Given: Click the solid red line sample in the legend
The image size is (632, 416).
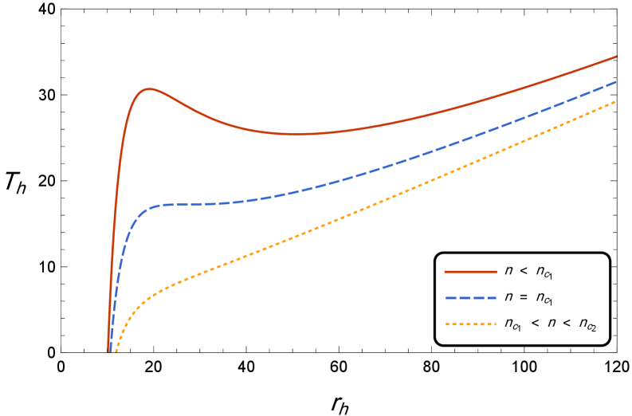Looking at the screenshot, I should point(470,272).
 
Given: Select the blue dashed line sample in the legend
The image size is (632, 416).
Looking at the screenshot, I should point(470,298).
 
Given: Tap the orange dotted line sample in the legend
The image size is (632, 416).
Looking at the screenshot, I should point(470,324).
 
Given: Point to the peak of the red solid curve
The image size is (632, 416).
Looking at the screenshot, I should point(148,89).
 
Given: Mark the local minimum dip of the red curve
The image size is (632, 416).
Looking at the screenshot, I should point(297,134).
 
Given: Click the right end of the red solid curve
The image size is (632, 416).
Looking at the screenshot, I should point(616,57).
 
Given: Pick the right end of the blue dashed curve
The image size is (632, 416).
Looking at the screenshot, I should point(615,82).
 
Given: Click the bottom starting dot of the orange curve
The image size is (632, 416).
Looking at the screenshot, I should point(116,351).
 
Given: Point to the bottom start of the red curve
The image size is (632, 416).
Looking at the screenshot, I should point(109,350).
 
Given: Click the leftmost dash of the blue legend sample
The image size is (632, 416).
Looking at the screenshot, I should point(449,298).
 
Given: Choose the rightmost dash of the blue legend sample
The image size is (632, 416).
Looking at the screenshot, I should point(492,298).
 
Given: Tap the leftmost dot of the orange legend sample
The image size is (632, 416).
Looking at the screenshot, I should point(446,324).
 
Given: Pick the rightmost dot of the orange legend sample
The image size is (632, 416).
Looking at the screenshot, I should point(494,324).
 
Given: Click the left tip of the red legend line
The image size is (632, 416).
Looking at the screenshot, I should point(445,272).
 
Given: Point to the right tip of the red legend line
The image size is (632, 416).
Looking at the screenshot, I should point(497,272).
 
